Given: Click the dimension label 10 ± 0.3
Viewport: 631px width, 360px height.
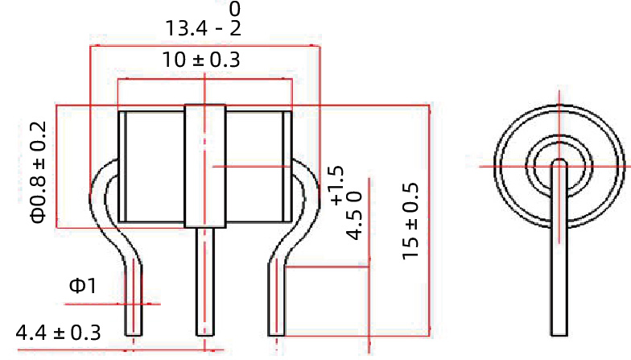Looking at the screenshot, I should click(x=202, y=60).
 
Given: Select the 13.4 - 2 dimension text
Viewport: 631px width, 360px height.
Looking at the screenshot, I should click(x=202, y=29).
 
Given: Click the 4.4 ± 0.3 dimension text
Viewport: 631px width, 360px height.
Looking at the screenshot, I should click(x=58, y=332).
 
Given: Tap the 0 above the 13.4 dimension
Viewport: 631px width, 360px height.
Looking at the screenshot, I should click(x=235, y=9).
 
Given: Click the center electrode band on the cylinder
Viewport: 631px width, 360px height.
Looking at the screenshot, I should click(x=204, y=166).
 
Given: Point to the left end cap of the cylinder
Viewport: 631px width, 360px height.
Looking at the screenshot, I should click(x=122, y=166).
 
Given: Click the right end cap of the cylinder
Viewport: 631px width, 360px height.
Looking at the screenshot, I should click(x=286, y=166).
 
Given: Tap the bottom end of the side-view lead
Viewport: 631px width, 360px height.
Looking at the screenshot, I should click(x=559, y=331).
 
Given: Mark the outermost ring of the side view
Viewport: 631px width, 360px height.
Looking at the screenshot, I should click(x=497, y=166).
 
